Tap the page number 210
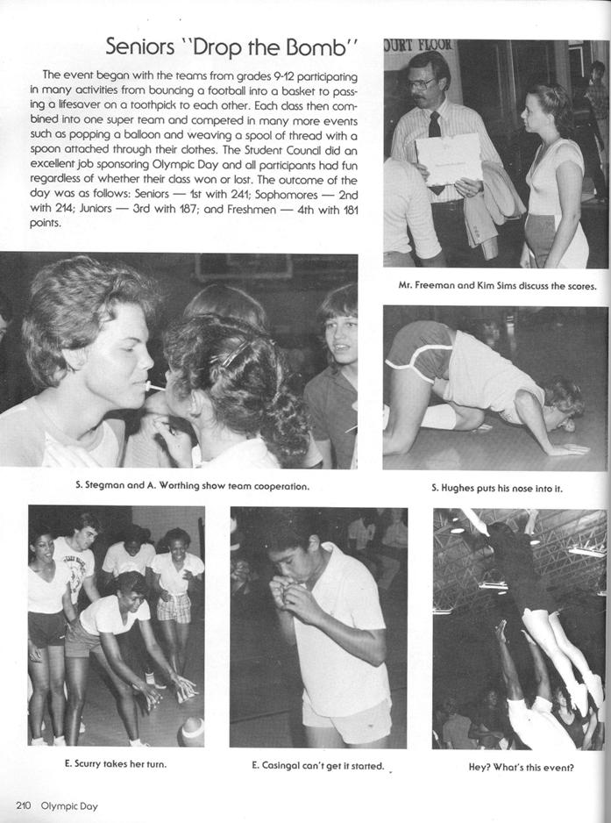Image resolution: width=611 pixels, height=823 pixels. click(x=24, y=805)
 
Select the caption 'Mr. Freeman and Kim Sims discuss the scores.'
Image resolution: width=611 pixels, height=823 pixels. click(x=496, y=285)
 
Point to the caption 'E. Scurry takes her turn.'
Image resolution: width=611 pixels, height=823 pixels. click(x=115, y=763)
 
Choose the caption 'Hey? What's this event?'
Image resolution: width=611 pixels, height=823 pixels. click(x=521, y=767)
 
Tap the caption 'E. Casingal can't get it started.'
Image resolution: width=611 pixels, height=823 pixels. click(x=317, y=766)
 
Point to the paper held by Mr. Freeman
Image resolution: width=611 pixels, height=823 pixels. click(x=449, y=158)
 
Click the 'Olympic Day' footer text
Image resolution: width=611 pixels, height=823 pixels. click(x=71, y=805)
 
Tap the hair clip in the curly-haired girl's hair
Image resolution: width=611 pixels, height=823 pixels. click(x=230, y=356)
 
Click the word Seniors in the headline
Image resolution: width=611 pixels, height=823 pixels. click(x=142, y=47)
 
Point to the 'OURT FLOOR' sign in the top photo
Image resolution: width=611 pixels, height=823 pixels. click(x=417, y=46)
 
